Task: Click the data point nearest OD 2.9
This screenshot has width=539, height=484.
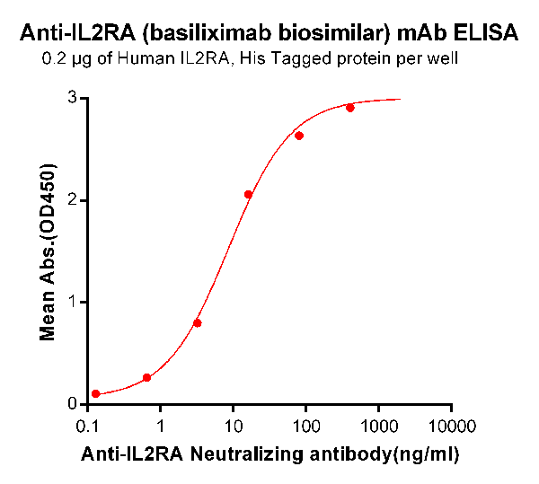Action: pyautogui.click(x=349, y=108)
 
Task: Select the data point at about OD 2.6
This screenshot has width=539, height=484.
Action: pyautogui.click(x=299, y=136)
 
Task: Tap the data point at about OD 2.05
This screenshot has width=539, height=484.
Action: pyautogui.click(x=248, y=195)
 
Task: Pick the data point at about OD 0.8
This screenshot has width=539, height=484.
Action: pyautogui.click(x=198, y=322)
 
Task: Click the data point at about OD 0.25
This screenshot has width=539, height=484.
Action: pyautogui.click(x=147, y=378)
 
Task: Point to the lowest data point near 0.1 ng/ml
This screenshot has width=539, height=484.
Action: pyautogui.click(x=96, y=393)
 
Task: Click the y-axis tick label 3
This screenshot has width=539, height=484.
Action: pyautogui.click(x=71, y=98)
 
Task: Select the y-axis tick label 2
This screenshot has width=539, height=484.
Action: pyautogui.click(x=71, y=200)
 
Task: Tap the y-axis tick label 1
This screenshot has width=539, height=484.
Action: pyautogui.click(x=71, y=302)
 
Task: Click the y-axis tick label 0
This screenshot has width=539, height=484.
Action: pyautogui.click(x=71, y=404)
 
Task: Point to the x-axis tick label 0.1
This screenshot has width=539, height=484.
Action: pyautogui.click(x=88, y=423)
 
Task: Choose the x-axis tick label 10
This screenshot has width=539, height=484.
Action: pyautogui.click(x=234, y=423)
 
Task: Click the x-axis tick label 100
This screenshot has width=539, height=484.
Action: pyautogui.click(x=306, y=423)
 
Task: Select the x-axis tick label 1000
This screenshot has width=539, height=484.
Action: pyautogui.click(x=379, y=423)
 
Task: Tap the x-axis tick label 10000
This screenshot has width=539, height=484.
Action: pyautogui.click(x=451, y=423)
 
